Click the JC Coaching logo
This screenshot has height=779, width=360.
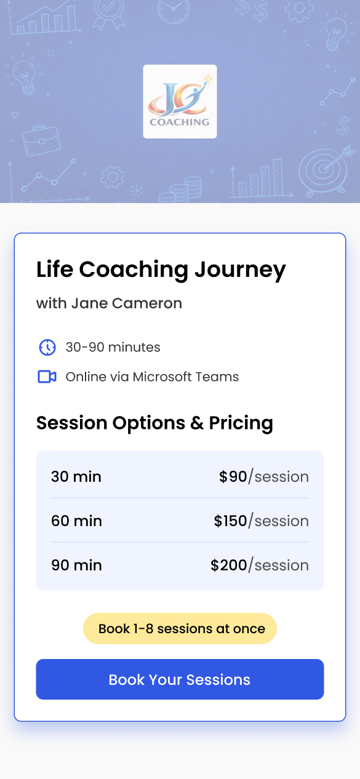(180, 102)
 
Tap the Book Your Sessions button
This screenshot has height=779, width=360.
(180, 679)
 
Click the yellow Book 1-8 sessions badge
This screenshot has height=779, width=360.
(180, 628)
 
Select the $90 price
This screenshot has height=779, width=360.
(233, 476)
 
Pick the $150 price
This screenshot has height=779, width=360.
(230, 521)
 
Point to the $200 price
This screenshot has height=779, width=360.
(228, 565)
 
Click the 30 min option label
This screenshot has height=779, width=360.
(76, 476)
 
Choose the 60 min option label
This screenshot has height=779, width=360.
(76, 521)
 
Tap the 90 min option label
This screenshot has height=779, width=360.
(76, 565)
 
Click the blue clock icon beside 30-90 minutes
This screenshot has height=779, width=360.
(47, 347)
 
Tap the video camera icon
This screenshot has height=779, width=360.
(47, 377)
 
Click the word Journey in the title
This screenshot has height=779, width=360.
(240, 271)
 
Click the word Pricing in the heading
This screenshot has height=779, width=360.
(241, 423)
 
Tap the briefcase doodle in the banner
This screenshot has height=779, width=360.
(41, 140)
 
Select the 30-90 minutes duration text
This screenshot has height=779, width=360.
(113, 347)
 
